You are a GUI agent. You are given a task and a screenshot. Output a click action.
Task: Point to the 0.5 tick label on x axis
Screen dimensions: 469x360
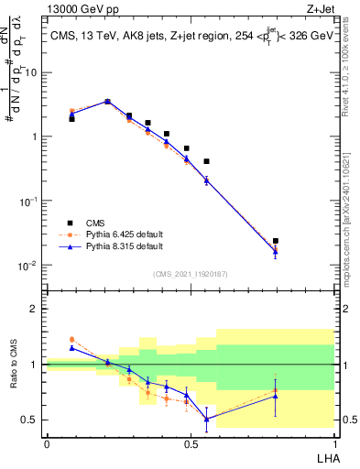(x=191, y=444)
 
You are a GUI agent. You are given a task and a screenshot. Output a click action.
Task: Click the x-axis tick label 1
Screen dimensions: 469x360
(x=334, y=444)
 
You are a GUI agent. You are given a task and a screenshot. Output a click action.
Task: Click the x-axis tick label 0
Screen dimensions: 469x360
(x=47, y=444)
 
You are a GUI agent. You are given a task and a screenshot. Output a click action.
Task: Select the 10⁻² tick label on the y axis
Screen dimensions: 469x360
(x=30, y=266)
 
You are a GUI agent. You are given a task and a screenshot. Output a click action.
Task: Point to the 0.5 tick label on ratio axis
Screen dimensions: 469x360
(x=30, y=420)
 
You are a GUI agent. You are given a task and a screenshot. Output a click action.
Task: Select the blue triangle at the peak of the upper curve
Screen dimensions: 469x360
(x=107, y=102)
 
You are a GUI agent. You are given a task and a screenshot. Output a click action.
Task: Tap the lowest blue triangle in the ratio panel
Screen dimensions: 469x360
(x=207, y=419)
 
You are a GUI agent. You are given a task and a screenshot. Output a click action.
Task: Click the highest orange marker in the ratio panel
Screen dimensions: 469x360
(x=72, y=339)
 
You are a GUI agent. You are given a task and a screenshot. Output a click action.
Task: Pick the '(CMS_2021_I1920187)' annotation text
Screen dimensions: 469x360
(x=190, y=273)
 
